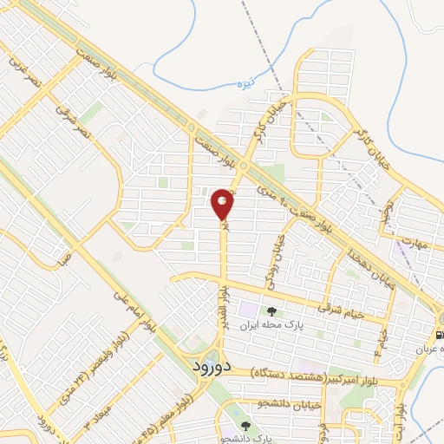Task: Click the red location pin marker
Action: coord(223,205)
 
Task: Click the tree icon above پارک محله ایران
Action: coord(272,310)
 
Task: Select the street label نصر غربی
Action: coord(22,63)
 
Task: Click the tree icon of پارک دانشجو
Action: coord(247,426)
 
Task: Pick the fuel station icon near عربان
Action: coord(440,334)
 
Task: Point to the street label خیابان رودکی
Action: coord(277,261)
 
